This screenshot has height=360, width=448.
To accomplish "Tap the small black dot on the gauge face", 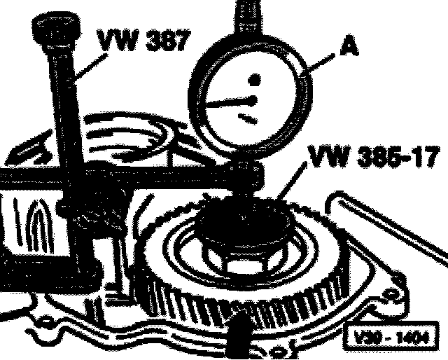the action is tap(256, 78).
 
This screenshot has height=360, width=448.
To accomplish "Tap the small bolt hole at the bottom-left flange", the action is tap(45, 323).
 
